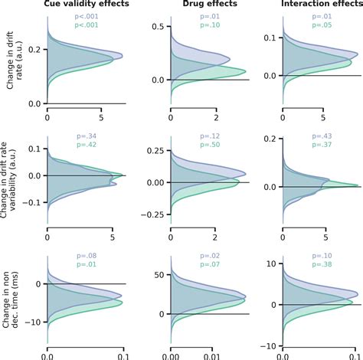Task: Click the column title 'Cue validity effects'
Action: tap(86, 5)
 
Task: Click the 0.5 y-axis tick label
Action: tap(153, 26)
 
